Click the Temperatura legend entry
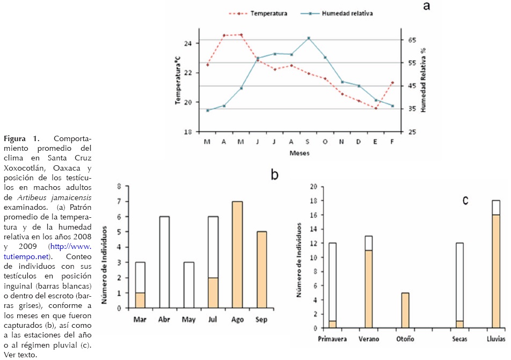coord(268,13)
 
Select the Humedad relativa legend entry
coord(347,13)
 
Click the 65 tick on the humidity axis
coord(412,40)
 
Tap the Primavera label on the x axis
coord(332,339)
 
